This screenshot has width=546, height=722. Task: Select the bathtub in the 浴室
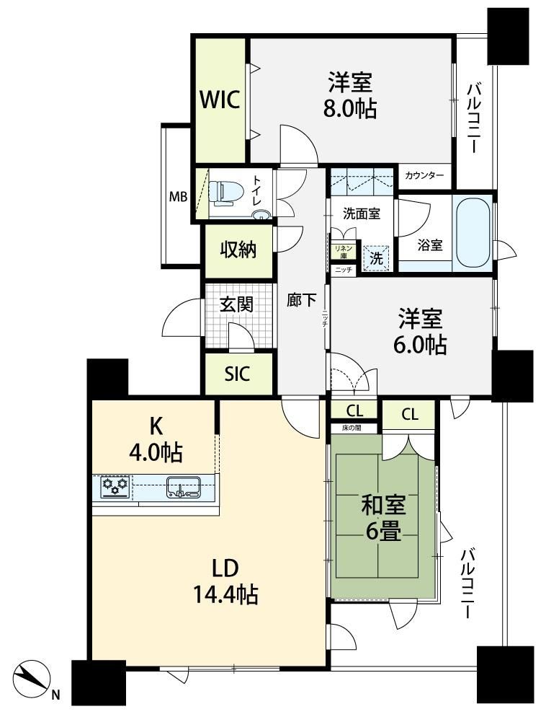(472, 233)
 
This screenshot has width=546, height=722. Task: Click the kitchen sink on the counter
(183, 487)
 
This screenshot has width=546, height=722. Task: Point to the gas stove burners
(115, 486)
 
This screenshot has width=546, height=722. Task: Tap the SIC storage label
(238, 374)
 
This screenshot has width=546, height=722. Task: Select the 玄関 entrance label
(236, 304)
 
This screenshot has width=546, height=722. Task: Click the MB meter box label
(178, 197)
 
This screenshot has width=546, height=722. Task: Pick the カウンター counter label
(424, 175)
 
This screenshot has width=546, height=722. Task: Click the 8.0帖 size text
(350, 110)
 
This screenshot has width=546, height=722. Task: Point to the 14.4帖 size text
(225, 594)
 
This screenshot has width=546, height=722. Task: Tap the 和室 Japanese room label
(384, 506)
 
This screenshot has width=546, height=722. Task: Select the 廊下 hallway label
(301, 301)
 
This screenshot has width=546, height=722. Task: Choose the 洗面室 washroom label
(362, 213)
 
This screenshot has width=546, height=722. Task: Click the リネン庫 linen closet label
(343, 252)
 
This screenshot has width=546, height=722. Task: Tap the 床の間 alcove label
(352, 428)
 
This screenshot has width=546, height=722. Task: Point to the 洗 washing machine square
(377, 258)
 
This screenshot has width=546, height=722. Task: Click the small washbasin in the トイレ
(262, 214)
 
